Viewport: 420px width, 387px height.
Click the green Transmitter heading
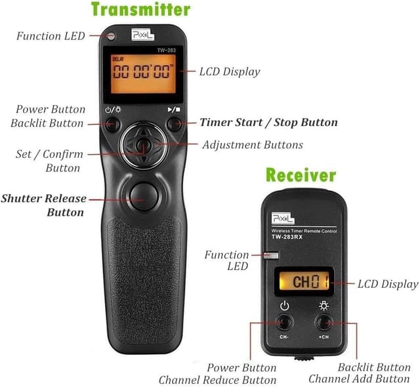[x=140, y=9]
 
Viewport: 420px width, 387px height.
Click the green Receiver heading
[x=301, y=175]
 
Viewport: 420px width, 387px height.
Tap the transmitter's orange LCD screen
[x=144, y=72]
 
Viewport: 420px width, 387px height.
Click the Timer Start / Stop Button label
[x=268, y=123]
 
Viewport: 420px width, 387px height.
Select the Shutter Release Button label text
[x=44, y=205]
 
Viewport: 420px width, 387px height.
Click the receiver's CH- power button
[x=284, y=321]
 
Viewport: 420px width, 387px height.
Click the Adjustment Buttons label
[x=253, y=144]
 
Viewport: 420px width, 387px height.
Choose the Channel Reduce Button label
[x=217, y=379]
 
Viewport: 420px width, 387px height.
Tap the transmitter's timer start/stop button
[x=173, y=123]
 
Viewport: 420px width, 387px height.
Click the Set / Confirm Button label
[x=49, y=161]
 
